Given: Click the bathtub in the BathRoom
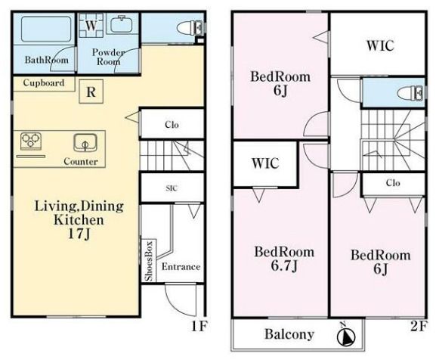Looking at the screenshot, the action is click(x=46, y=29).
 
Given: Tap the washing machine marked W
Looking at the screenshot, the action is click(x=91, y=25).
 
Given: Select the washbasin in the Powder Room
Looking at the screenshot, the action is click(x=122, y=24).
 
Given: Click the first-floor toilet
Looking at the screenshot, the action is click(x=190, y=28).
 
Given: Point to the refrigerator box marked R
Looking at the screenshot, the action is click(x=91, y=92).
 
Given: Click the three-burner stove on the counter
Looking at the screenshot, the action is click(x=31, y=140).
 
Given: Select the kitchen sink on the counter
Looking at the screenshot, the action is click(x=85, y=143).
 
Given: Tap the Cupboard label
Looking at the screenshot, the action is click(x=44, y=82).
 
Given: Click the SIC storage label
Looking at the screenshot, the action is click(x=172, y=188).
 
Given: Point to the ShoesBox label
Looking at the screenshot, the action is click(x=150, y=261).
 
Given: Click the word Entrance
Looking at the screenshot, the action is click(x=181, y=266).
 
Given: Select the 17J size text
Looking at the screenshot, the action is click(x=79, y=234).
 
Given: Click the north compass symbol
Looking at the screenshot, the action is click(x=346, y=337).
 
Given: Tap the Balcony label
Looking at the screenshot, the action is click(x=289, y=334).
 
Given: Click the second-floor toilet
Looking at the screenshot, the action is click(x=410, y=92).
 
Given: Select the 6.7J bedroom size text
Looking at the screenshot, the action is click(x=284, y=266).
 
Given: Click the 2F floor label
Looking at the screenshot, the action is click(x=418, y=326).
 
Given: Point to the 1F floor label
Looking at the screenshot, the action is click(x=199, y=326).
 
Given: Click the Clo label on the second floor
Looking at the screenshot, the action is click(x=393, y=183).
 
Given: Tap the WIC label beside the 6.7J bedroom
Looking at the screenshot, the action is click(x=265, y=163).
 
